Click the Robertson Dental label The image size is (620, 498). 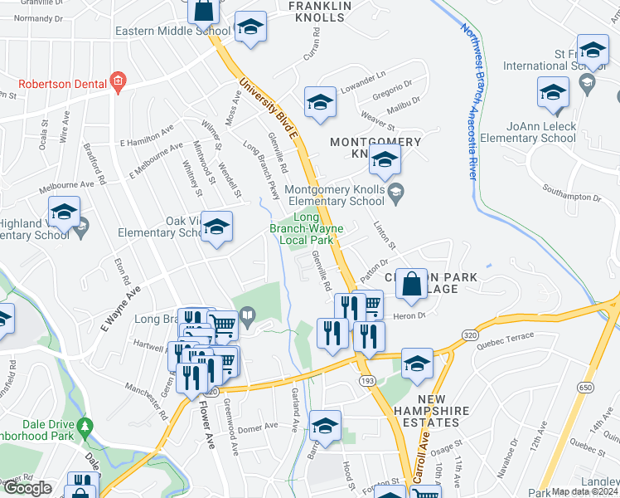(x=62, y=83)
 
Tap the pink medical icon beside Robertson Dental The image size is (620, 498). (x=118, y=81)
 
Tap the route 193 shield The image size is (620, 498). (x=366, y=379)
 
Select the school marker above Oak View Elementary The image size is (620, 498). (x=216, y=227)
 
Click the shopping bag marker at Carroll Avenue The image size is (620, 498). (x=411, y=285)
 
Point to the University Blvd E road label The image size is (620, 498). (x=267, y=108)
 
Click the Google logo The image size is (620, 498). (x=27, y=489)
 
